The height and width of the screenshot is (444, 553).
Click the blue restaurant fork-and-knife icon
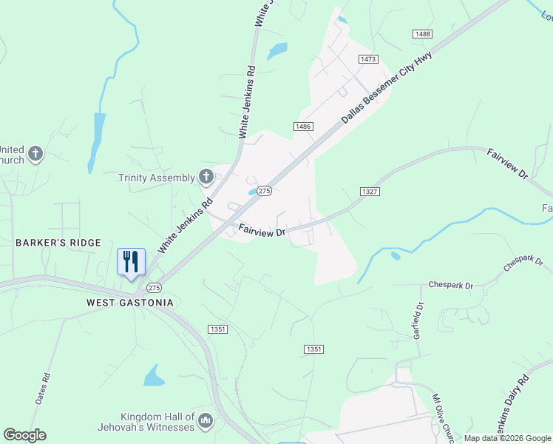pyautogui.click(x=131, y=262)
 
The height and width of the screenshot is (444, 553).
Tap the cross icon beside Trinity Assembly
pyautogui.click(x=206, y=177)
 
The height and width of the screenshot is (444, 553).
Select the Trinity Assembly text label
pyautogui.click(x=157, y=178)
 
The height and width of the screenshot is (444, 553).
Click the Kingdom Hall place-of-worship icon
pyautogui.click(x=206, y=421)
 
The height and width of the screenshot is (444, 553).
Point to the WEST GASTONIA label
pyautogui.click(x=129, y=303)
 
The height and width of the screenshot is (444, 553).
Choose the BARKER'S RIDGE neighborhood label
pyautogui.click(x=58, y=243)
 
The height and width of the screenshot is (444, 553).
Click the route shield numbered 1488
pyautogui.click(x=422, y=34)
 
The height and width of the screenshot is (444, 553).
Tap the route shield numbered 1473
pyautogui.click(x=367, y=58)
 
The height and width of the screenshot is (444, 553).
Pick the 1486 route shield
pyautogui.click(x=302, y=127)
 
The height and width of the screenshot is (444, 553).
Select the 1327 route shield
pyautogui.click(x=370, y=192)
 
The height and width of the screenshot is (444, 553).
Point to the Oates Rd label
pyautogui.click(x=43, y=387)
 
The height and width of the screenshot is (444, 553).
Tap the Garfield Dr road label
pyautogui.click(x=418, y=320)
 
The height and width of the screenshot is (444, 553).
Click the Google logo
pyautogui.click(x=24, y=435)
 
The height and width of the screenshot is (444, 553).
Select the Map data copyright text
pyautogui.click(x=508, y=438)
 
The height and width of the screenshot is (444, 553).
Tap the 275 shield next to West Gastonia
pyautogui.click(x=154, y=287)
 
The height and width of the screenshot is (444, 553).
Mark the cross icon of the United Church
pyautogui.click(x=35, y=154)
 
